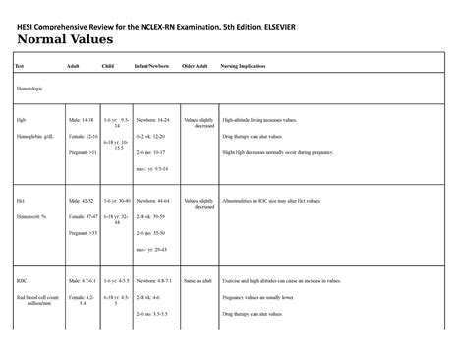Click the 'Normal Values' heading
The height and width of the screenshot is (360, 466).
(65, 40)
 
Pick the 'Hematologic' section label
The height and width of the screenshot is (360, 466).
(30, 88)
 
